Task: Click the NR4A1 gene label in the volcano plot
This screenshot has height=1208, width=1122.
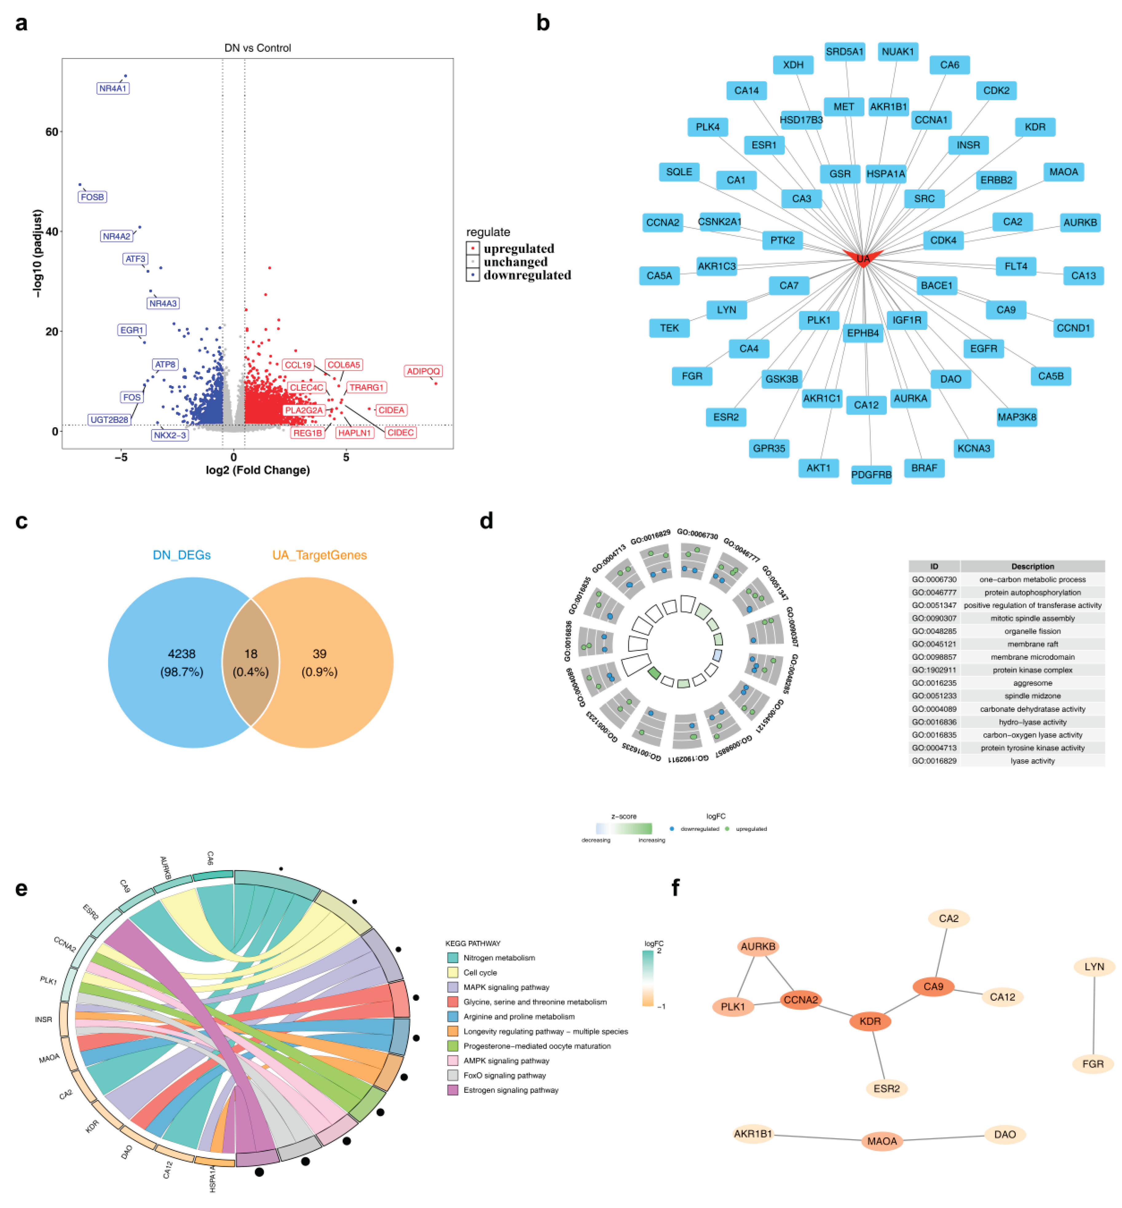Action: click(x=113, y=88)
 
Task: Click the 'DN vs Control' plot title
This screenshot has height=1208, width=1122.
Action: click(x=257, y=48)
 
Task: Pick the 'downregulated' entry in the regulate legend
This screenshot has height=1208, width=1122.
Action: click(x=526, y=276)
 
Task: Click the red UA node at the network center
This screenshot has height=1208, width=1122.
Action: click(x=863, y=259)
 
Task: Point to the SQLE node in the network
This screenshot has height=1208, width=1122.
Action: click(x=679, y=172)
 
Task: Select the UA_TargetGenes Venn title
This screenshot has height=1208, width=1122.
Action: click(x=319, y=555)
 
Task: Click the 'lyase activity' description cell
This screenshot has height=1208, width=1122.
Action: click(x=1032, y=761)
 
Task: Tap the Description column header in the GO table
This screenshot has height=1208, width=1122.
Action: click(x=1032, y=566)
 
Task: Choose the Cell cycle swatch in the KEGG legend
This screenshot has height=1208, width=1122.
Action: click(x=452, y=973)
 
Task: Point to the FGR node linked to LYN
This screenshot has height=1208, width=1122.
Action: click(x=1093, y=1064)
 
